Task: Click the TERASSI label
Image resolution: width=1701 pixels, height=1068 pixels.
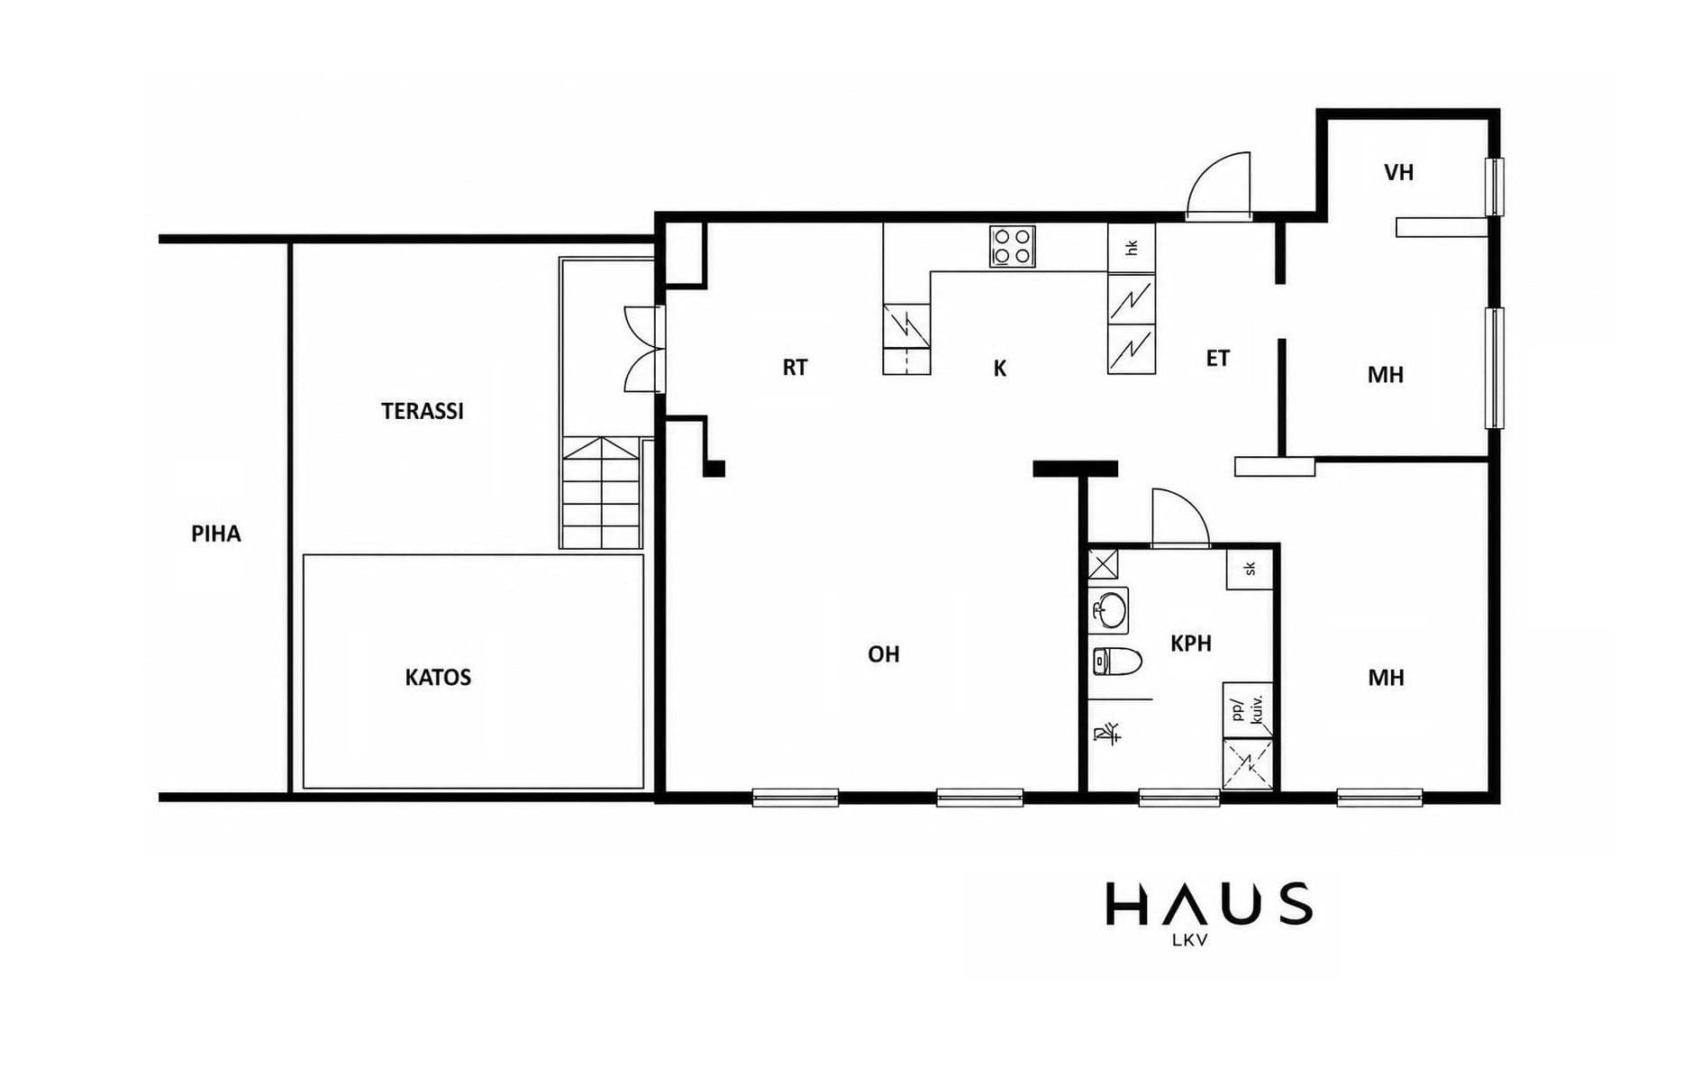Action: point(422,411)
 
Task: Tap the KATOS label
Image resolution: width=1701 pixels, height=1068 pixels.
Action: point(438,677)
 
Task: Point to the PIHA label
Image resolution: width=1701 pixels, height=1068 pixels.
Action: point(216,534)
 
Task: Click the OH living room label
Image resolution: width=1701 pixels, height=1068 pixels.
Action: point(884,654)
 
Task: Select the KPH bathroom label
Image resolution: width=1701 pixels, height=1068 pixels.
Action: point(1191,644)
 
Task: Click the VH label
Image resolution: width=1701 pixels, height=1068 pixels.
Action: point(1399,172)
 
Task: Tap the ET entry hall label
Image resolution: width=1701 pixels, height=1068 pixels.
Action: point(1218,359)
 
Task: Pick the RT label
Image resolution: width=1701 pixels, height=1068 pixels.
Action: point(795,368)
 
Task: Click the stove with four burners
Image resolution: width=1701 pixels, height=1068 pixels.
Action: point(1012,246)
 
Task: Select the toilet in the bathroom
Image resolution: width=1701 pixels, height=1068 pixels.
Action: point(1116,662)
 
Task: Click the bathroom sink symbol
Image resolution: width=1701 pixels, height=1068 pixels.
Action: point(1109,610)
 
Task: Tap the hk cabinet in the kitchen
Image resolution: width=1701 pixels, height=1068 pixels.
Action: point(1132,248)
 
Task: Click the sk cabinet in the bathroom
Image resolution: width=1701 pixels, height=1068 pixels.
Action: point(1250,568)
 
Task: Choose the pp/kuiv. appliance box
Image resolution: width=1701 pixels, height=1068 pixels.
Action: point(1248,709)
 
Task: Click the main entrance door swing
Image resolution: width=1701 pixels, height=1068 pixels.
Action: point(1218,185)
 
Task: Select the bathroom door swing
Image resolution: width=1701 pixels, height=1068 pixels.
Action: point(1180,517)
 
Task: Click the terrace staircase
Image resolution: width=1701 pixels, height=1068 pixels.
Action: point(601,492)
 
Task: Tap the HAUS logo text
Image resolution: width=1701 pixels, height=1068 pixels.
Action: point(1209,904)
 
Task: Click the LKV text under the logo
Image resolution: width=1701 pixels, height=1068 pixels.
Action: point(1189,940)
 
